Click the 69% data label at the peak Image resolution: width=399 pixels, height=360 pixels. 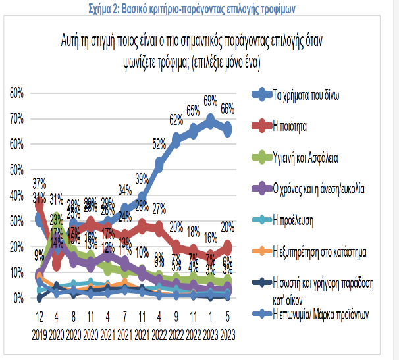pyautogui.click(x=211, y=101)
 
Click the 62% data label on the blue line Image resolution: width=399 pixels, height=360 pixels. pyautogui.click(x=176, y=119)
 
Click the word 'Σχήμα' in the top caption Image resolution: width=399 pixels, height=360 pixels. pyautogui.click(x=102, y=8)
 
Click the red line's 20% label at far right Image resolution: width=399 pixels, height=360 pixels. pyautogui.click(x=228, y=227)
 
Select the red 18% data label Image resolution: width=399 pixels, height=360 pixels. pyautogui.click(x=193, y=232)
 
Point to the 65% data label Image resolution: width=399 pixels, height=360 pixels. pyautogui.click(x=194, y=111)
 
